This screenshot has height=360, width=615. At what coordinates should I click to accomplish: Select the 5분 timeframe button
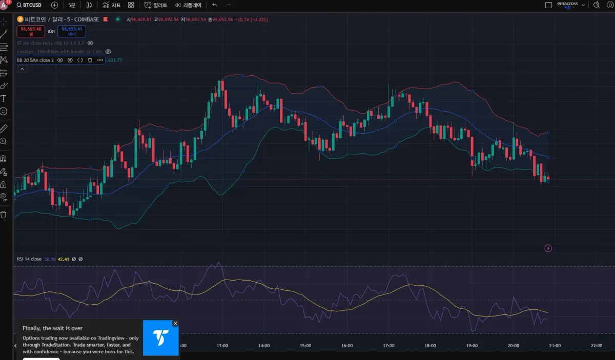pyautogui.click(x=71, y=5)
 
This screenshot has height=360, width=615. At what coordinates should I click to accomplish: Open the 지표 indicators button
pyautogui.click(x=111, y=5)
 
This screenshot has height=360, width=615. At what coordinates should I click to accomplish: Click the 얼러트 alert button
pyautogui.click(x=156, y=5)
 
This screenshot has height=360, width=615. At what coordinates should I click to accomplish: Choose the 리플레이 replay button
pyautogui.click(x=188, y=5)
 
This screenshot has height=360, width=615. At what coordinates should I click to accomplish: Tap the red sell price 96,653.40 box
pyautogui.click(x=31, y=31)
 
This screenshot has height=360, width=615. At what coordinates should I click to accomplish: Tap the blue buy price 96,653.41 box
pyautogui.click(x=72, y=31)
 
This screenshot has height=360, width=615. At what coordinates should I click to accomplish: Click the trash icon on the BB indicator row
pyautogui.click(x=90, y=60)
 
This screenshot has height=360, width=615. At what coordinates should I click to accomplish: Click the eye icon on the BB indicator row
pyautogui.click(x=60, y=60)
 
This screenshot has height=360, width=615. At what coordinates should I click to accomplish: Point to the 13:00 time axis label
pyautogui.click(x=222, y=346)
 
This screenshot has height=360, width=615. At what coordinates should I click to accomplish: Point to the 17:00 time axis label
pyautogui.click(x=388, y=346)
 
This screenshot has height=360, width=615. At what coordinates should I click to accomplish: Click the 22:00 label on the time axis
pyautogui.click(x=596, y=346)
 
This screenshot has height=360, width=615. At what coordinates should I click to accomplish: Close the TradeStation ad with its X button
pyautogui.click(x=175, y=324)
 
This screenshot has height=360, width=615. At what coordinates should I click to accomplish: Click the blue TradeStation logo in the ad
pyautogui.click(x=160, y=338)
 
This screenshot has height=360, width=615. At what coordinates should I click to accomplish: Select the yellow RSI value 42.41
pyautogui.click(x=64, y=259)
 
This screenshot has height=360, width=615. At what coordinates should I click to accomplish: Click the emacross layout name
pyautogui.click(x=567, y=4)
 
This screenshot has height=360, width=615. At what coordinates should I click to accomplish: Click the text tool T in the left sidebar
pyautogui.click(x=4, y=98)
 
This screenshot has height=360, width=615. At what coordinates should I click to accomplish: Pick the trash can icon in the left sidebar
pyautogui.click(x=4, y=215)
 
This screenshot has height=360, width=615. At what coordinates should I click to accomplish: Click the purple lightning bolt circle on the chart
pyautogui.click(x=548, y=248)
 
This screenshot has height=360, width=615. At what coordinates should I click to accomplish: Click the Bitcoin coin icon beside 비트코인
pyautogui.click(x=20, y=19)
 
